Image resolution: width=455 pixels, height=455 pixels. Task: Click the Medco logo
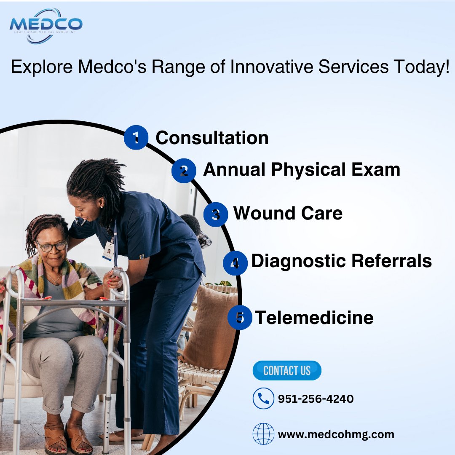46,25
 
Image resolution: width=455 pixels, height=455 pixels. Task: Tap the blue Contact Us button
287,371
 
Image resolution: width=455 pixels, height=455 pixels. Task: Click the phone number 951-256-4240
316,399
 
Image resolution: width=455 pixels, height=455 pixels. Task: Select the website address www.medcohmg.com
336,434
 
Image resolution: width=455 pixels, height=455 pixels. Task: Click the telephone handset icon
263,399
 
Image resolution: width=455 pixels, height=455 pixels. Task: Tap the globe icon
263,434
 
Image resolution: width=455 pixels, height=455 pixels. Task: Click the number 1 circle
136,138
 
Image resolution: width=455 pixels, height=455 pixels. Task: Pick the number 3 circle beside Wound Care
216,214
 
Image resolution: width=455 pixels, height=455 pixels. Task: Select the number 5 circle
240,317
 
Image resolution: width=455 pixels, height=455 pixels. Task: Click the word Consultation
212,138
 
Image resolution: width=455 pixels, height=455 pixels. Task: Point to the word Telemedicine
314,317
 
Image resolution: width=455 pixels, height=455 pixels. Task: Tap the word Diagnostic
297,262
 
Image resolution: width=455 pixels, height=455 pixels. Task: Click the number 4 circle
235,263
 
